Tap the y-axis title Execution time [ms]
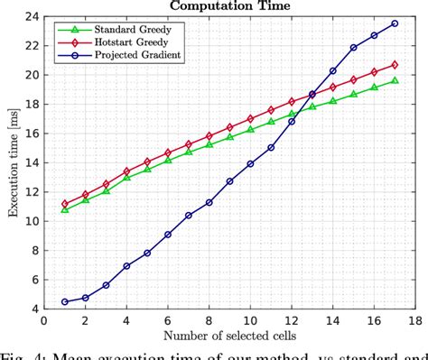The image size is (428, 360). tap(12, 163)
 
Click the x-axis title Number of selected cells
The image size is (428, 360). tap(229, 337)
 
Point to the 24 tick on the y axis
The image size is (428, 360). tap(33, 16)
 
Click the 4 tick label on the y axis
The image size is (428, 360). tap(36, 309)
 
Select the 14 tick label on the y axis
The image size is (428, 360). tap(33, 162)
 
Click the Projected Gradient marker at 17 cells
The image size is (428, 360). tap(395, 23)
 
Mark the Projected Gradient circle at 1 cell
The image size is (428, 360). tap(64, 301)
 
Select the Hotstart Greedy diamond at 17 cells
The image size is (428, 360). tap(395, 64)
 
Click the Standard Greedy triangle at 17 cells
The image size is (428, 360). tap(395, 80)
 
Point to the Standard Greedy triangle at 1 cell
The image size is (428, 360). tap(64, 208)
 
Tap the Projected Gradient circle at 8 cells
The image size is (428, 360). tap(209, 202)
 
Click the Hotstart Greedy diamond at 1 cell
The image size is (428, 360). tap(64, 204)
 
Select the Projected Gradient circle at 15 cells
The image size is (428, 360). tap(354, 48)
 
